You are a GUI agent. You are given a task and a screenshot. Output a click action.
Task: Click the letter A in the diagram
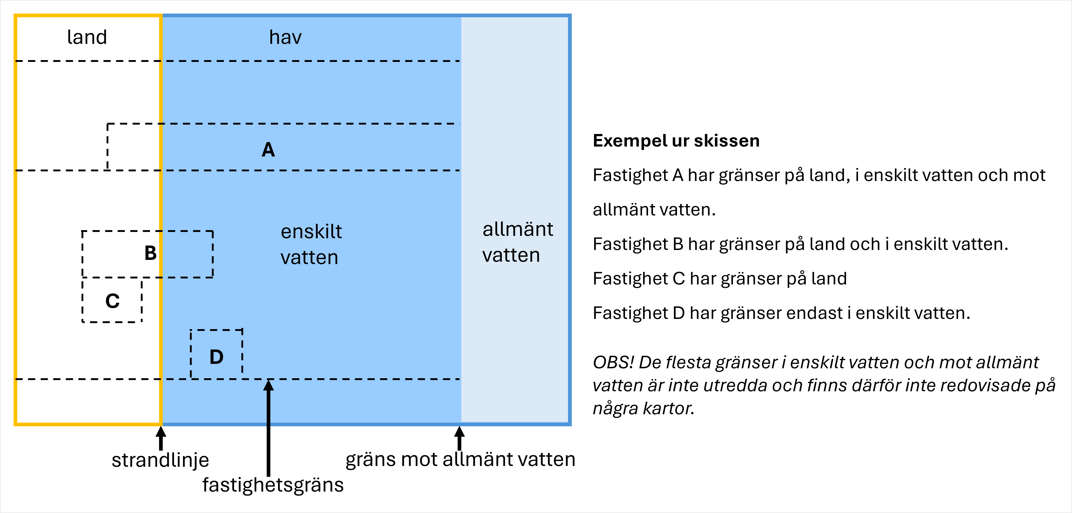268,150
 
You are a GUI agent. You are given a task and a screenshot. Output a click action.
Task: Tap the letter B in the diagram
150,253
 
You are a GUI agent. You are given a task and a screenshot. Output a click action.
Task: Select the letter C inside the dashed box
112,301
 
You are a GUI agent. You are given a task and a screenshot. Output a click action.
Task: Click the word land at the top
87,37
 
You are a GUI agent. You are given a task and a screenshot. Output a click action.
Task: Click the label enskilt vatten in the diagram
311,244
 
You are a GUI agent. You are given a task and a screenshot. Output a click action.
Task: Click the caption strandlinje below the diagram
160,460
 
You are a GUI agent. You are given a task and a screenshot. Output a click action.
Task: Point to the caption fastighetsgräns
273,485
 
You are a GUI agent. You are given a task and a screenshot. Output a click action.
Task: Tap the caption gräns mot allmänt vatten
460,459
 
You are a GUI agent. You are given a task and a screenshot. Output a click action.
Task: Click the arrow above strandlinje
161,438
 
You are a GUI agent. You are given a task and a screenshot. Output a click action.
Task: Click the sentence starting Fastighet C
720,278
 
